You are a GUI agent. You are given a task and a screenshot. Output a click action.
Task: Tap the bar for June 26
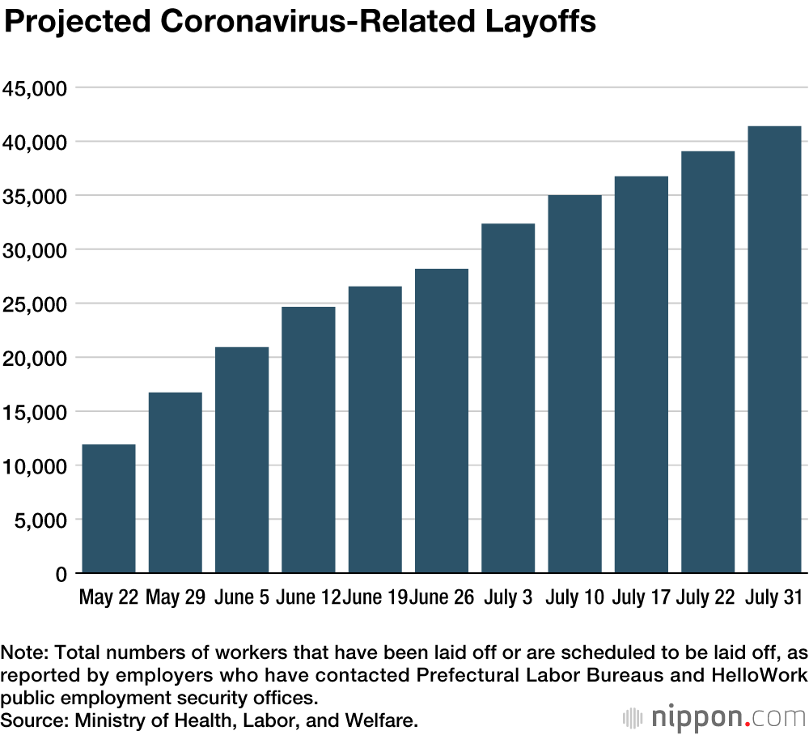442,421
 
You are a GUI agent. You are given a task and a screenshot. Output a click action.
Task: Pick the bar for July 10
574,384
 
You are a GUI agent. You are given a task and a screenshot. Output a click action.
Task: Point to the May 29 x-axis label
175,598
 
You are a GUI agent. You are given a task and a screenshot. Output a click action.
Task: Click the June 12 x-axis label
307,598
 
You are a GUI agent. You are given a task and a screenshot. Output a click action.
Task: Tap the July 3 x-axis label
508,598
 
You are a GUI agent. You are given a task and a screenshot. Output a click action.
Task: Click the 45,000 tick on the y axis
36,87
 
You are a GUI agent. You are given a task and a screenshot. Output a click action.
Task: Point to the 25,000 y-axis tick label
36,304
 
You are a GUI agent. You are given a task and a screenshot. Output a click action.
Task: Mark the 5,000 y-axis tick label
40,520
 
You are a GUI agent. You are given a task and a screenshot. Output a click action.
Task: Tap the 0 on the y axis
60,574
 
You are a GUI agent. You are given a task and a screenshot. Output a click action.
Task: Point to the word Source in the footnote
28,718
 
